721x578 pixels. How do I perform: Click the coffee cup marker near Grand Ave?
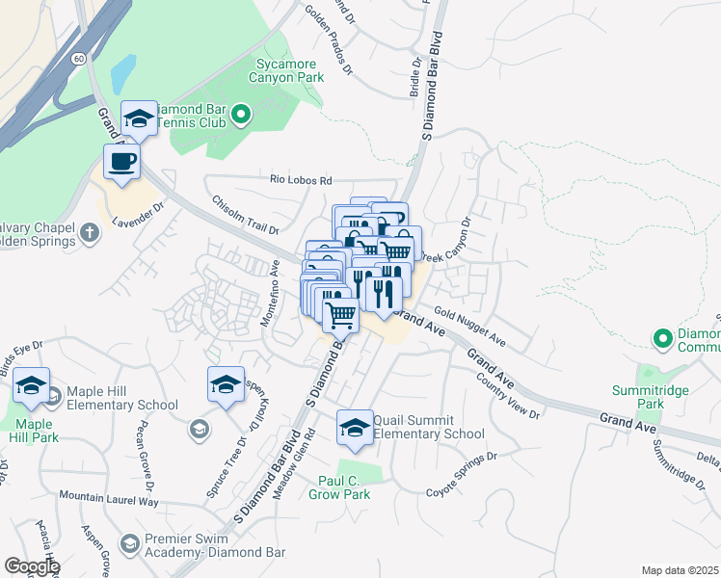[121, 163]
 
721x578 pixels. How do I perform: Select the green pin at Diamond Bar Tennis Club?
[243, 116]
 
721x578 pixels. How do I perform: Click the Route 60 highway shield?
[77, 59]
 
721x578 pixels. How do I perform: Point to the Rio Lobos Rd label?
[301, 180]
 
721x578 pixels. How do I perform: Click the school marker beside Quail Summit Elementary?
[355, 428]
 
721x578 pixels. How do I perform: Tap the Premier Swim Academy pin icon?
[129, 544]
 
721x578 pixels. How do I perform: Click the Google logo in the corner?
[31, 566]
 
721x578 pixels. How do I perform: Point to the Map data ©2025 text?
[680, 570]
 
